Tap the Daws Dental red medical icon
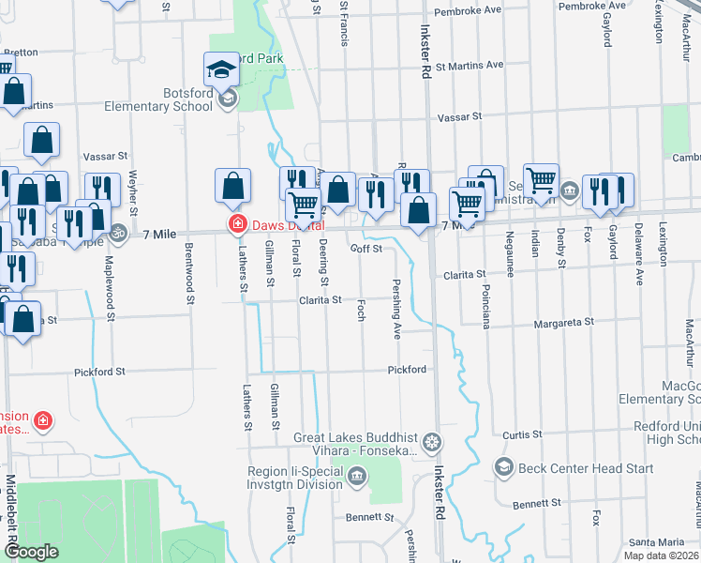(238, 224)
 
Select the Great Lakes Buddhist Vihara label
(355, 444)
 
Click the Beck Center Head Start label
(568, 468)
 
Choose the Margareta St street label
(563, 322)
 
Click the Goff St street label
(365, 249)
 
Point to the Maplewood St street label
(110, 287)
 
